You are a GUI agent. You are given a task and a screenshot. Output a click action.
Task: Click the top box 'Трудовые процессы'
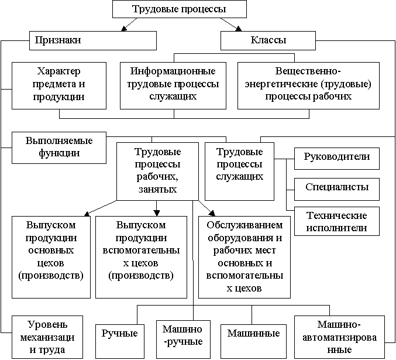[180, 9]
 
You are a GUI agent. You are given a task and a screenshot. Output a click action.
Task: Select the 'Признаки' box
[93, 40]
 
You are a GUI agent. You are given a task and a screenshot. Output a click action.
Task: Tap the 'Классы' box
[268, 40]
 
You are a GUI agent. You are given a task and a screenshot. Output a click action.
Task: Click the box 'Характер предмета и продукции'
[59, 85]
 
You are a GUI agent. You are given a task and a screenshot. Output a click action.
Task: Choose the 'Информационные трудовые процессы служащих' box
[173, 85]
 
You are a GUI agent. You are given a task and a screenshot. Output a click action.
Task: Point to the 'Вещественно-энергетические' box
[308, 85]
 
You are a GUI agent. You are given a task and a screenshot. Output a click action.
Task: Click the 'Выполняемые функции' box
[59, 148]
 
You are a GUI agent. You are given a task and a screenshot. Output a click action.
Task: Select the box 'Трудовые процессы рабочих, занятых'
[157, 172]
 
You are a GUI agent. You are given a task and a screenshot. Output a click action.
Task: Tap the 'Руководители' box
[337, 159]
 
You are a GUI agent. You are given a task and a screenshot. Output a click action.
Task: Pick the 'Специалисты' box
[337, 189]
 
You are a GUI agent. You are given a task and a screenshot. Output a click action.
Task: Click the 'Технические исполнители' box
[337, 221]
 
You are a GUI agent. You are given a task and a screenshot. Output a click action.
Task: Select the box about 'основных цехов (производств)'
[51, 257]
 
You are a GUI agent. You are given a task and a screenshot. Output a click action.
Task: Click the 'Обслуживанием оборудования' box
[245, 257]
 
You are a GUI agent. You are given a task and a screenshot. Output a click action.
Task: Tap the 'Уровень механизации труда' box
[47, 337]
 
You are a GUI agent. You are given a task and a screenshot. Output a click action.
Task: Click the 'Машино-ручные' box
[183, 340]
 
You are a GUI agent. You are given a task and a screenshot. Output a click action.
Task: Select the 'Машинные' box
[253, 341]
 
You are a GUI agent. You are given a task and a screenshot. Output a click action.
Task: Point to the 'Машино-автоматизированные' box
[339, 337]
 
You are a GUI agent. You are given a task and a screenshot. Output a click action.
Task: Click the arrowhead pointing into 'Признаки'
[123, 29]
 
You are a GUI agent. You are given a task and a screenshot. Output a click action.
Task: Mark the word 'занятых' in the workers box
[157, 189]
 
